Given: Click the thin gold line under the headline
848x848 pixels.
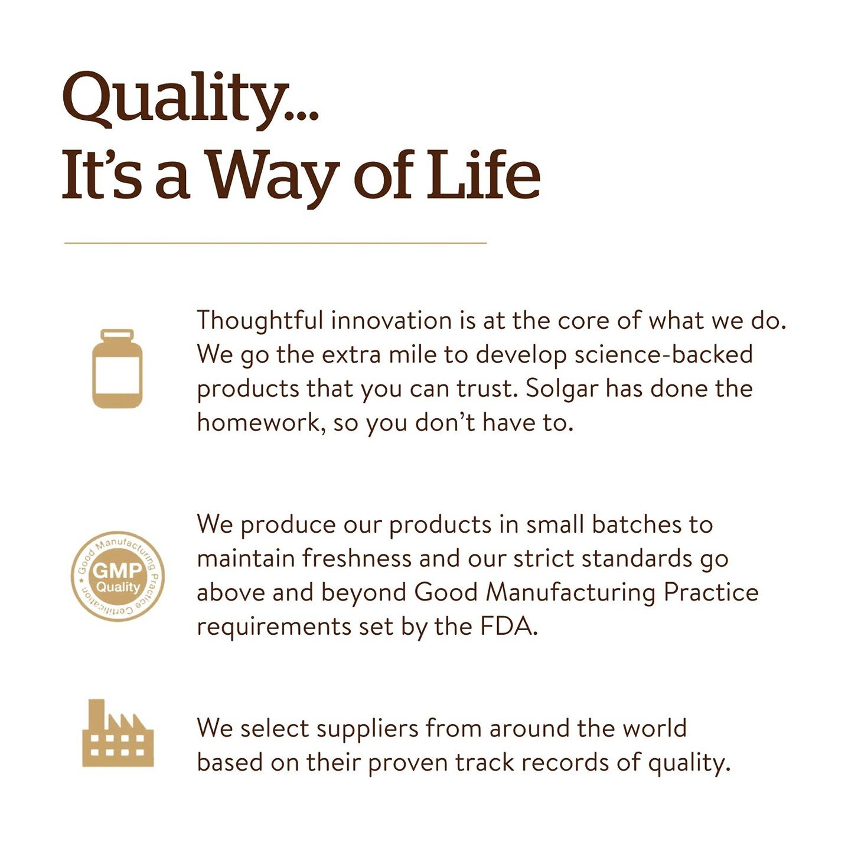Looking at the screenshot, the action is [275, 243].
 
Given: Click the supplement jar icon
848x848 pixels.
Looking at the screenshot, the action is [118, 368].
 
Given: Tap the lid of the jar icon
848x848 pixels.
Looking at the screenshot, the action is [118, 335].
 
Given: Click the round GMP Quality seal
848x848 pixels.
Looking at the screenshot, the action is [118, 577].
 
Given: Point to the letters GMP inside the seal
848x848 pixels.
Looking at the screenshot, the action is [118, 571].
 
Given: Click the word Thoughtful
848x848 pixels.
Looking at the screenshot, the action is [260, 321].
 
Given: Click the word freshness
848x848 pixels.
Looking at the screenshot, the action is [357, 559].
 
